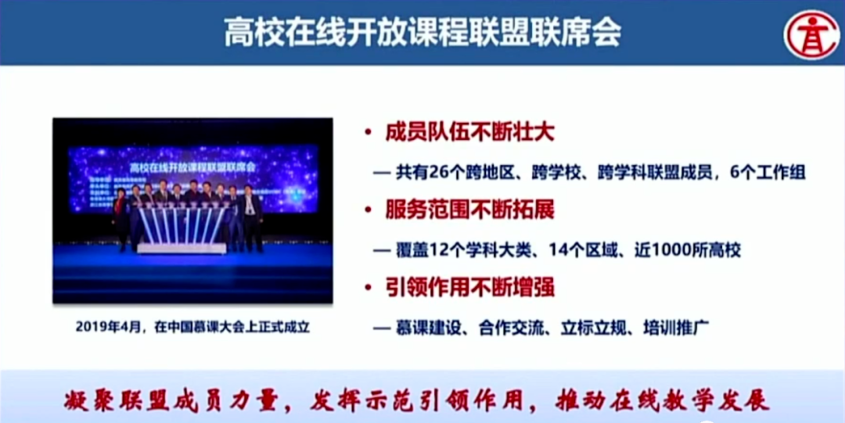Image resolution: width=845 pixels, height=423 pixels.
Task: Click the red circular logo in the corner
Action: point(811,34)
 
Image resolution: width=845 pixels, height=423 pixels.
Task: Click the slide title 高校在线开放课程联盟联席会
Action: point(422,34)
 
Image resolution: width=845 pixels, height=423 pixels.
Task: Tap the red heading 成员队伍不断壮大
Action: point(469,132)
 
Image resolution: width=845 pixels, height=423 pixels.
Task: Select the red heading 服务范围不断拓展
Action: point(469,210)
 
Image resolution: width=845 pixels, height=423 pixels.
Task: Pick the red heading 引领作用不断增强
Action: point(469,287)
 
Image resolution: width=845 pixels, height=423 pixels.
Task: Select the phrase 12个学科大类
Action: point(478,250)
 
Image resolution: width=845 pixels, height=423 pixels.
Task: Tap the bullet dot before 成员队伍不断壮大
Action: point(367,133)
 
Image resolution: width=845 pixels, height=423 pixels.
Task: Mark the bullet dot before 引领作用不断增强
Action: point(367,288)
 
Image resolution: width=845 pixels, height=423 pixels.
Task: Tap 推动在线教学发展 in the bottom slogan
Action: point(662,400)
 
